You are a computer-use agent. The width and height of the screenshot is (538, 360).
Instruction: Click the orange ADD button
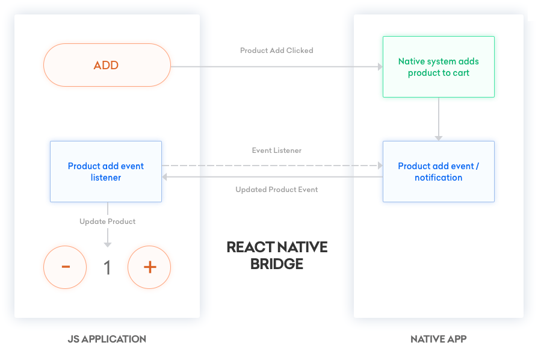point(107,65)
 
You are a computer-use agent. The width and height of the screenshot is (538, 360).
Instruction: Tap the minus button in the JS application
point(65,267)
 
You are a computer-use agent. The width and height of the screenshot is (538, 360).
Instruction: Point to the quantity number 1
point(108,267)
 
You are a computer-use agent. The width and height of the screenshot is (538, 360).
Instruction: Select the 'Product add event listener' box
point(106,172)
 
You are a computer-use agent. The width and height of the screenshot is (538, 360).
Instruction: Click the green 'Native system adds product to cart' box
point(438,67)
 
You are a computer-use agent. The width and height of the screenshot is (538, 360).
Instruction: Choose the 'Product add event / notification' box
point(438,172)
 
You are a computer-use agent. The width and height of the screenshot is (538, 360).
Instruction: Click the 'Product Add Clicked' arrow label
point(276,51)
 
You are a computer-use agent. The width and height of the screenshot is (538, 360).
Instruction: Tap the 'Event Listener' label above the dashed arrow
point(276,151)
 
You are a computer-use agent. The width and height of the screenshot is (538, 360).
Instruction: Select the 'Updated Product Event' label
point(276,190)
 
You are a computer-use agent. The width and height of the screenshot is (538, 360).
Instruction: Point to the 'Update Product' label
point(108,222)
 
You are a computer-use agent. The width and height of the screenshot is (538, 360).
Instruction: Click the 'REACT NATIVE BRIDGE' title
point(277,255)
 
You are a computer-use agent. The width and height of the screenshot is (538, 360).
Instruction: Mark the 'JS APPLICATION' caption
point(107,339)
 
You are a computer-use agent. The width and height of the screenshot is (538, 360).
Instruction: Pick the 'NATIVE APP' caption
point(438,339)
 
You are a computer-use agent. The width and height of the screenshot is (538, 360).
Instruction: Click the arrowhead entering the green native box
point(380,67)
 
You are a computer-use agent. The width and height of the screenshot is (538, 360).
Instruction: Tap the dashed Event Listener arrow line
point(271,165)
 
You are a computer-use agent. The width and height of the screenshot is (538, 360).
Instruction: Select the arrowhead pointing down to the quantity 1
point(108,244)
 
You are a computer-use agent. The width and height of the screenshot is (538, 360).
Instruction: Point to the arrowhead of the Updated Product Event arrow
point(165,177)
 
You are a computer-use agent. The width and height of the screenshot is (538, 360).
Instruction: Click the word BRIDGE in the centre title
point(277,264)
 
